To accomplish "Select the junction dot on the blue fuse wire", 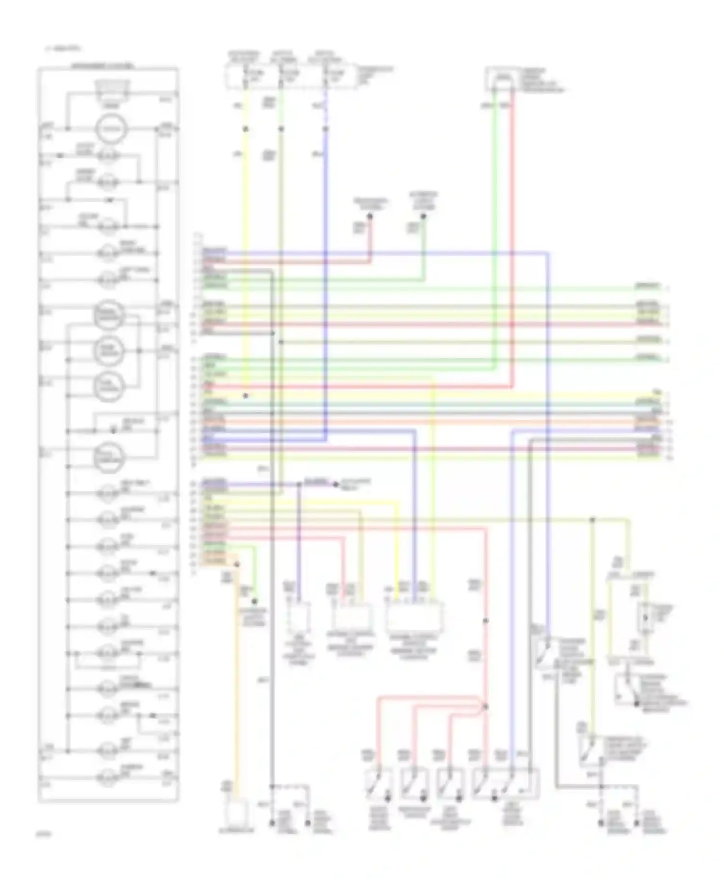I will coord(326,129).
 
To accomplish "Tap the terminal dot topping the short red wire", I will coord(370,217).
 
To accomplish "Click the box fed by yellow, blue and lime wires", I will coord(415,616).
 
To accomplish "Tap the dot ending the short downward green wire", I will coord(255,601).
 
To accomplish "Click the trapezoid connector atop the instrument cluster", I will coord(112,89).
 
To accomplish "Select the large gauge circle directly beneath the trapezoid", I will coord(111,129).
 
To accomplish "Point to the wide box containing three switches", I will coord(505,784).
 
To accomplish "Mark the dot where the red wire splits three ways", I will coord(485,706).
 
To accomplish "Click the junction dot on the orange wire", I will coord(236,564).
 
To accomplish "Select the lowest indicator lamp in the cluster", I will coord(108,777).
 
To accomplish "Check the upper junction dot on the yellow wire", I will coord(245,129).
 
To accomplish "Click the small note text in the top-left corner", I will coord(63,48).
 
